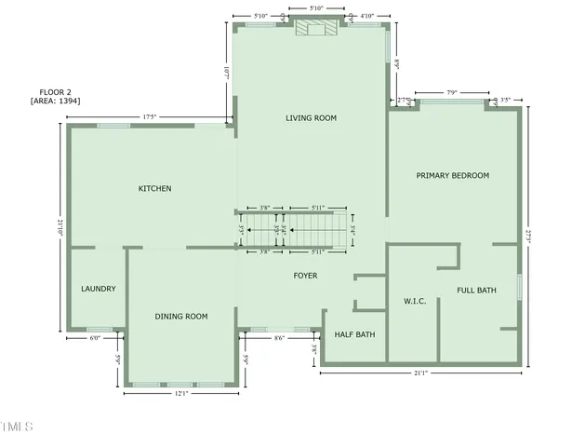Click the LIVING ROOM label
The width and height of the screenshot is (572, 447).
[311, 118]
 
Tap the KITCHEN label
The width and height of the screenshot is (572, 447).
[154, 189]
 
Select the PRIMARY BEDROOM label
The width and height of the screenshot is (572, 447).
[452, 175]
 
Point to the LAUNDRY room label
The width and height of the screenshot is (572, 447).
[99, 289]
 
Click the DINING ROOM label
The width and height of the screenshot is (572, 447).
[181, 317]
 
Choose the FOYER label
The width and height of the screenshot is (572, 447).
[305, 276]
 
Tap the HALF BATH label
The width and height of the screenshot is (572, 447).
[354, 334]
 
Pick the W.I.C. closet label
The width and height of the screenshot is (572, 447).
[414, 301]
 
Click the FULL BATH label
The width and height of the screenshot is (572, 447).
[476, 291]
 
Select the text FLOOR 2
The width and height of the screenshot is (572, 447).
[55, 90]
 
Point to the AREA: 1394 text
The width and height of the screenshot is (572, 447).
[55, 100]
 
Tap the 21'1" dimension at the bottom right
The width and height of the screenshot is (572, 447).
[422, 373]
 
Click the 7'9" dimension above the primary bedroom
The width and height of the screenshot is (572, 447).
[452, 92]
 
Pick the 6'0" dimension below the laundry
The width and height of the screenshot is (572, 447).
[95, 338]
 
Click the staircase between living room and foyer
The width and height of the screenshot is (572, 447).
[294, 228]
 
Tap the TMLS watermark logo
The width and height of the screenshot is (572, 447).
[17, 427]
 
